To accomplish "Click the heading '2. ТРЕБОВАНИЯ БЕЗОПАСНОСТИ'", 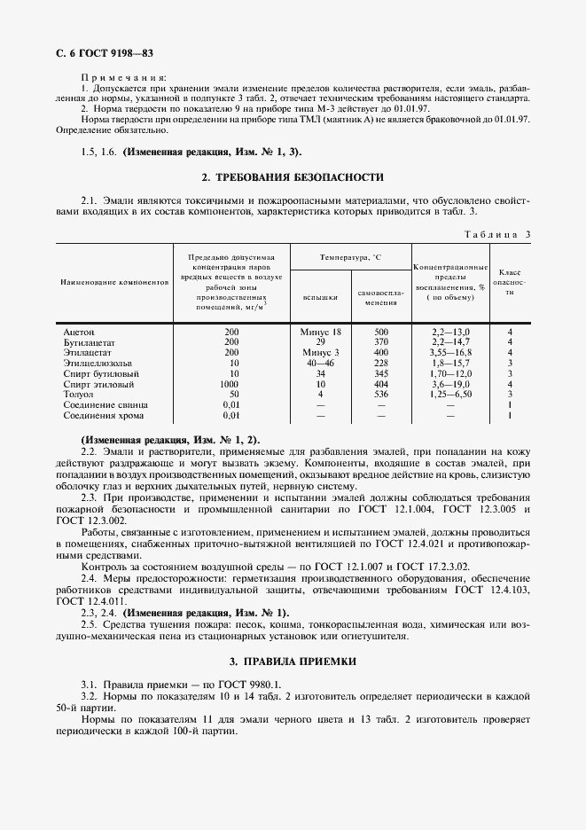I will click(x=293, y=176).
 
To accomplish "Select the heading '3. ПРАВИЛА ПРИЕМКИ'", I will click(x=293, y=661).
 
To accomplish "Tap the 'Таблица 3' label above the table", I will click(x=496, y=234).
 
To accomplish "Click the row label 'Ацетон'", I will click(x=79, y=331).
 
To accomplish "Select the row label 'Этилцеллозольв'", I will click(x=97, y=362).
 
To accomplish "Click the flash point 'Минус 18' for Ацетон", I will click(x=320, y=331).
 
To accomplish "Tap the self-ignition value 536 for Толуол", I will click(x=381, y=393).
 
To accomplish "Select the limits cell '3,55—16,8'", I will click(x=450, y=352).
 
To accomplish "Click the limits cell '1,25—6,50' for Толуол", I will click(x=450, y=393).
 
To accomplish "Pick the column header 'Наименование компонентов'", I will click(x=113, y=282).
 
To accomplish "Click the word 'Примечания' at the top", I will click(x=117, y=78).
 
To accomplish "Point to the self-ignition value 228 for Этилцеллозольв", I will click(x=381, y=362).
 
